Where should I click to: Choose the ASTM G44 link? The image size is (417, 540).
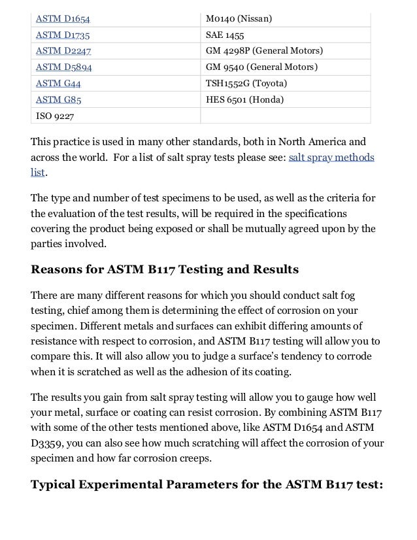[x=59, y=84]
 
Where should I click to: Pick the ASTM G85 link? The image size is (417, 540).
[x=59, y=100]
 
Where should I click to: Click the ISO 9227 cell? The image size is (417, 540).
[x=56, y=117]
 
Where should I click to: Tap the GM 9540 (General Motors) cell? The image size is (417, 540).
[x=261, y=67]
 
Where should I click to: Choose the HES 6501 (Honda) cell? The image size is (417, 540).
[x=241, y=100]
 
